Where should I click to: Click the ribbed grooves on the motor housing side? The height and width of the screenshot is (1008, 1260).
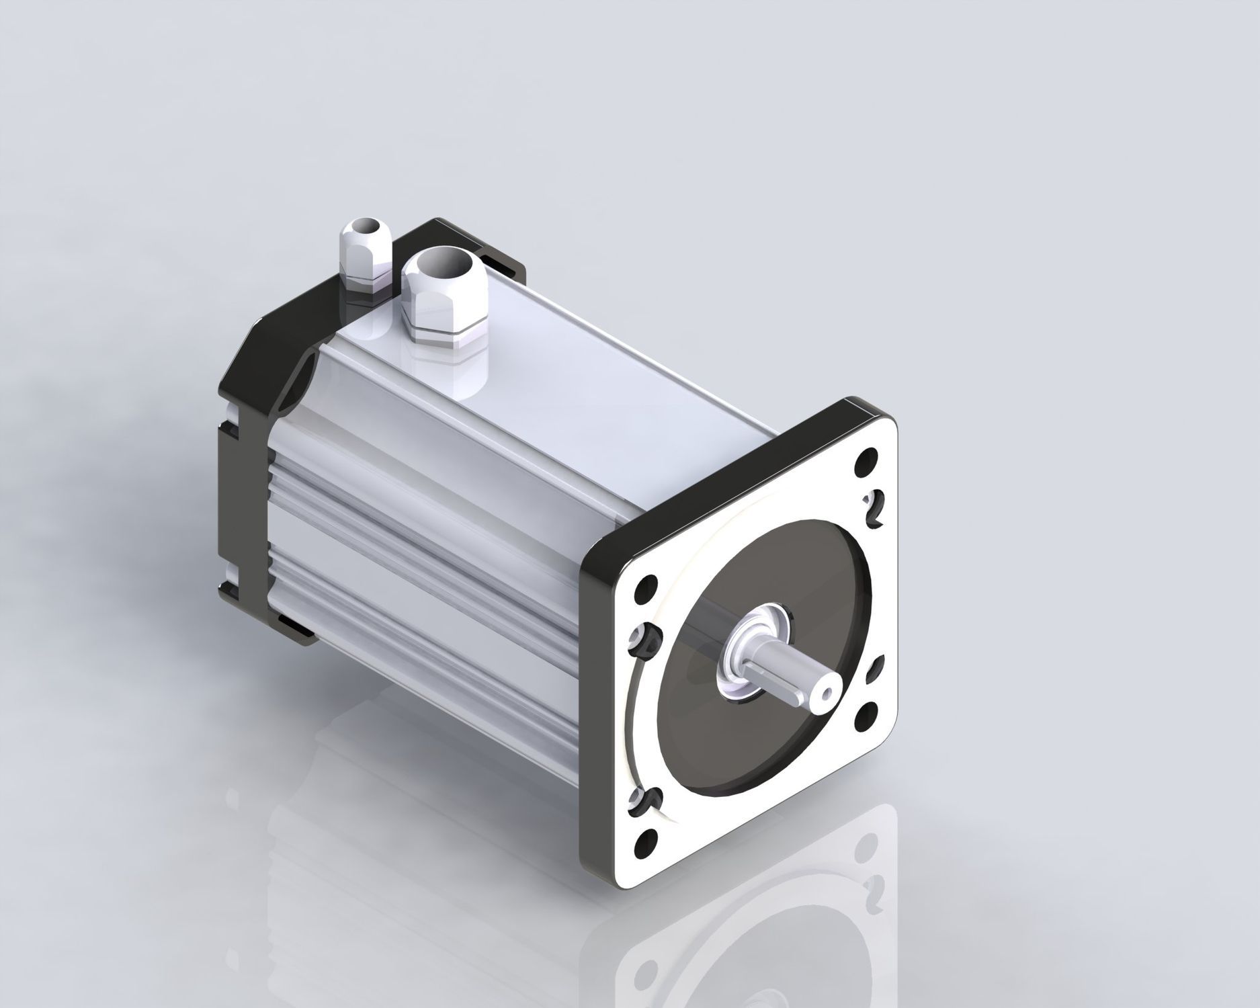(417, 517)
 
